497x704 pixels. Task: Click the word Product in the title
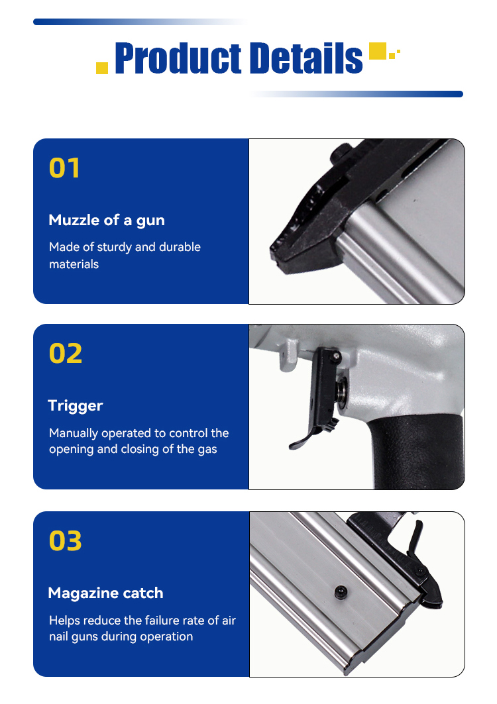click(178, 58)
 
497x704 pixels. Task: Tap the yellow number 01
click(65, 168)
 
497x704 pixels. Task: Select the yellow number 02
click(66, 354)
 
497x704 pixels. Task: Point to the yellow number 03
click(66, 540)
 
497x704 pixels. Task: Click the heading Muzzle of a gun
click(107, 221)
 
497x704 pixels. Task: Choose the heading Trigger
click(76, 406)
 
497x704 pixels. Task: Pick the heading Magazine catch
click(105, 593)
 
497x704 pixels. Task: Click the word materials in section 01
click(74, 264)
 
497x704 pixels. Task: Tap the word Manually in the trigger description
click(74, 433)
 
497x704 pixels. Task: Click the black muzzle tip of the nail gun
click(282, 254)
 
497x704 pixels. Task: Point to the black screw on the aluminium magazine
click(341, 592)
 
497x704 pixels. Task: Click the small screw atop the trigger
click(336, 356)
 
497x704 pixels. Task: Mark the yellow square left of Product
click(102, 68)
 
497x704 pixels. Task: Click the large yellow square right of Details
click(378, 51)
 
